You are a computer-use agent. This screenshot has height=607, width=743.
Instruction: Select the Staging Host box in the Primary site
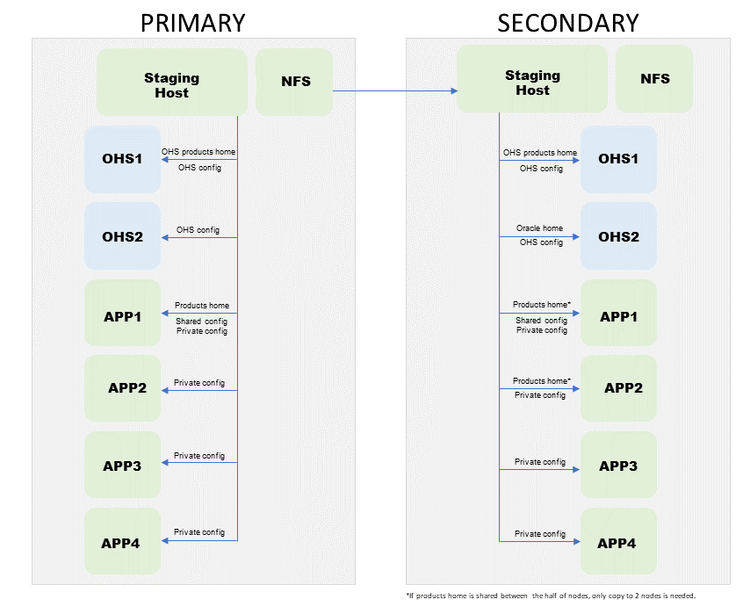click(x=171, y=84)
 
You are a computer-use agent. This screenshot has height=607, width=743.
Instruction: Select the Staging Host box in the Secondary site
click(x=532, y=83)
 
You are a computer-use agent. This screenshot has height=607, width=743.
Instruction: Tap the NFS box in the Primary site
click(x=294, y=83)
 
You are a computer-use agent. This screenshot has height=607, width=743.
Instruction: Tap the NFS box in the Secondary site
click(x=654, y=78)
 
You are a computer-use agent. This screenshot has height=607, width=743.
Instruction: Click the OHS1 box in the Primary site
click(x=122, y=160)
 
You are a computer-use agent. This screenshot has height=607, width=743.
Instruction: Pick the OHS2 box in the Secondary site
click(x=618, y=236)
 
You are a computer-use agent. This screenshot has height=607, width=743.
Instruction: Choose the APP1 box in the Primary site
click(x=122, y=314)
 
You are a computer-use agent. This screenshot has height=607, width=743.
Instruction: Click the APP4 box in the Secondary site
click(x=617, y=543)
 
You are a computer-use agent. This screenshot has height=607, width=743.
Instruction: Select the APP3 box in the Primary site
click(x=122, y=466)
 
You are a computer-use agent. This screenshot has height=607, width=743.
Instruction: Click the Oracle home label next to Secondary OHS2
click(x=539, y=228)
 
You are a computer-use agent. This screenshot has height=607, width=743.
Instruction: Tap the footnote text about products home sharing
click(x=551, y=596)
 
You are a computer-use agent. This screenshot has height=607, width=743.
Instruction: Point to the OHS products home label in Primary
click(x=198, y=152)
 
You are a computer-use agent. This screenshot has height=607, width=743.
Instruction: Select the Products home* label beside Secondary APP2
click(x=542, y=381)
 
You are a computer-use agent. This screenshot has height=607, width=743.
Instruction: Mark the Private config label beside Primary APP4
click(x=199, y=532)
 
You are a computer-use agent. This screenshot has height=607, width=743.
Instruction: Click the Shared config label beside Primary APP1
click(x=201, y=322)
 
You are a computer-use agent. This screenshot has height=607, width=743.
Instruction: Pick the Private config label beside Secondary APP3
click(x=540, y=462)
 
